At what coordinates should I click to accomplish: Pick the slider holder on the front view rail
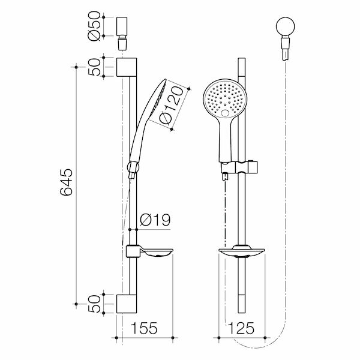coord(241,166)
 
